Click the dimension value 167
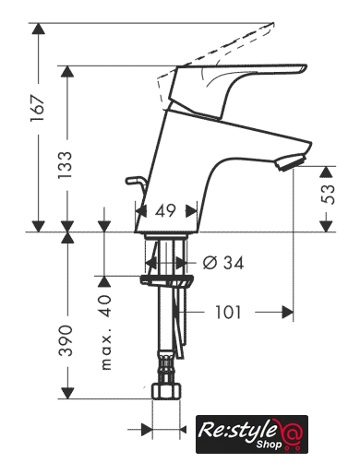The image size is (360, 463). tap(38, 109)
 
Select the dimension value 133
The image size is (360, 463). tap(66, 165)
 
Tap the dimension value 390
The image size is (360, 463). tap(66, 340)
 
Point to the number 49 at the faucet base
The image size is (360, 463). tap(165, 211)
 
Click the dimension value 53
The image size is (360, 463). tap(328, 195)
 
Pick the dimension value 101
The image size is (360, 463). tap(228, 313)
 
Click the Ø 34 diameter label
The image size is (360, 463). tap(223, 263)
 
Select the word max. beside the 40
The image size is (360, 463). tap(106, 352)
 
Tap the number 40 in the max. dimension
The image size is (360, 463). tap(105, 306)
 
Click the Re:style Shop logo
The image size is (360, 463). tap(252, 434)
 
